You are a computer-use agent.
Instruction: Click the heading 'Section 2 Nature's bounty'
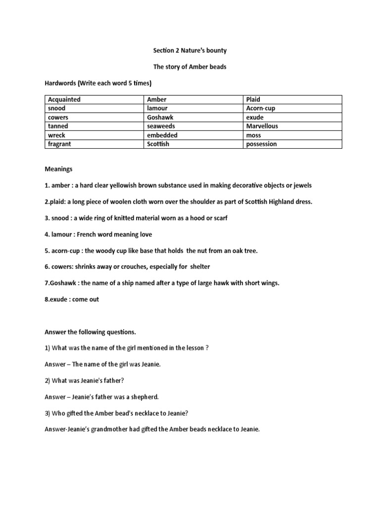click(190, 50)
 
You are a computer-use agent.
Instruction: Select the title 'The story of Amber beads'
click(190, 67)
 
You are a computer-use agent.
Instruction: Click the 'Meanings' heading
click(58, 169)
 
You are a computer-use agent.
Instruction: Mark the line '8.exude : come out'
click(72, 299)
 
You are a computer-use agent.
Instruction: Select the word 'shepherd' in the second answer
click(145, 397)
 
